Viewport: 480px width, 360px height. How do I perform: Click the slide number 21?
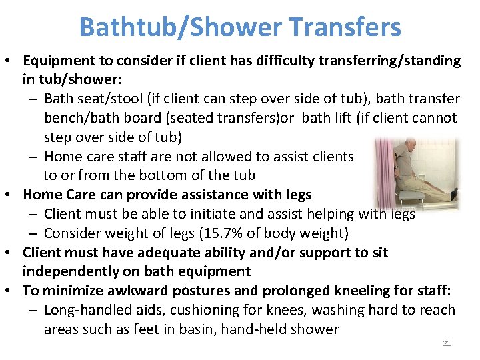447,343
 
